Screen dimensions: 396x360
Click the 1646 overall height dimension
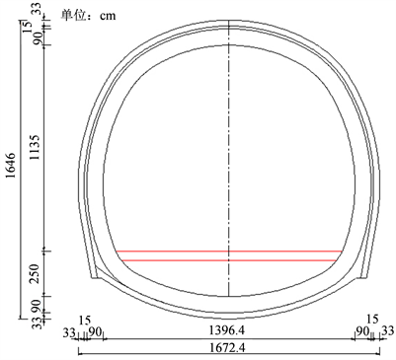[x=11, y=166]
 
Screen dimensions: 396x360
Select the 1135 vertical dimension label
[x=35, y=147]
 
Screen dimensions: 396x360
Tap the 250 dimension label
[x=35, y=273]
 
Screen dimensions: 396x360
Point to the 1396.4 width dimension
[x=227, y=330]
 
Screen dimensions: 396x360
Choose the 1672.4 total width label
[x=227, y=347]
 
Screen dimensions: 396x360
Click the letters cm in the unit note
[x=108, y=16]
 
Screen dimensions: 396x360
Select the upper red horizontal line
[x=229, y=252]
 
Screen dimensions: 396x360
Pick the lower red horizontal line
[x=229, y=260]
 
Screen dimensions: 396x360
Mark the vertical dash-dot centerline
[x=229, y=158]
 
